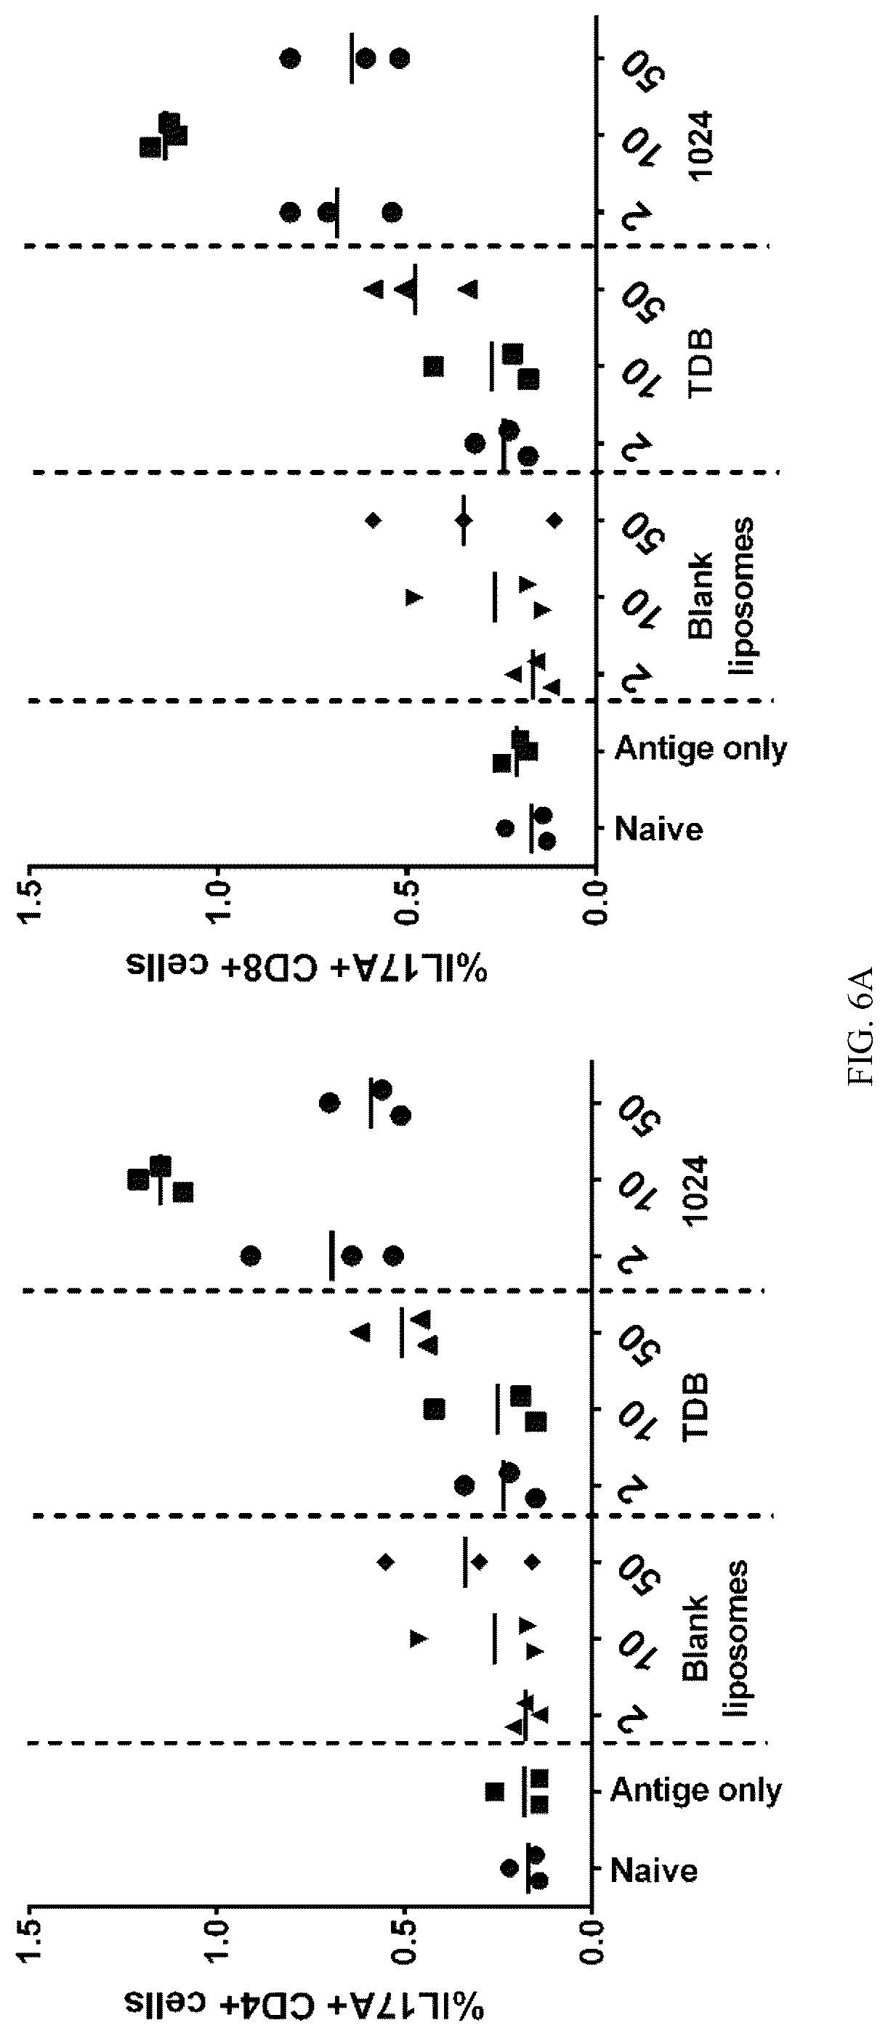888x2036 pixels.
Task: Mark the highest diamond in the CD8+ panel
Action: [x=374, y=519]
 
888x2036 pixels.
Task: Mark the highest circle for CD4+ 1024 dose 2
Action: [x=251, y=1254]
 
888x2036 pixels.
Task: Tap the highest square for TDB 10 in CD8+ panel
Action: [x=433, y=366]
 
